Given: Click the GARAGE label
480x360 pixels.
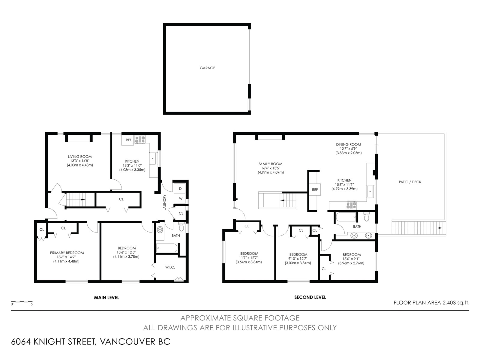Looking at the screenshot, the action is pos(207,68).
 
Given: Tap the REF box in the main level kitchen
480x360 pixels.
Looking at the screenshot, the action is pos(128,140).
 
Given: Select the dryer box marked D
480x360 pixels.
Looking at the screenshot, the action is pos(180,188).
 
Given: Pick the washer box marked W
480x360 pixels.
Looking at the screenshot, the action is pos(180,199).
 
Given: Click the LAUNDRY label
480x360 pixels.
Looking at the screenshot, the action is pos(165,202).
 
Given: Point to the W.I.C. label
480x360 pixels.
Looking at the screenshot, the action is pos(170,267).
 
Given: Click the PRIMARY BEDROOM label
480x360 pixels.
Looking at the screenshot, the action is pos(67,253).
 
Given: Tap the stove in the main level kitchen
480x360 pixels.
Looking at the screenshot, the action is pos(140,140).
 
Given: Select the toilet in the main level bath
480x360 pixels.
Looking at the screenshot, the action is pos(181,227).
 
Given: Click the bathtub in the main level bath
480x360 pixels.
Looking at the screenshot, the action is pos(166,248).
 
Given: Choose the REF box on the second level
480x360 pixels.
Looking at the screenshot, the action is pos(315,190).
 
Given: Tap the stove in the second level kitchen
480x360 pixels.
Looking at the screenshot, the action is pos(351,205).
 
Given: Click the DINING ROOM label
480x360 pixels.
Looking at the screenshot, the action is pos(348,145).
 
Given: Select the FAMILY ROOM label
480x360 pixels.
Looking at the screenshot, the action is pos(270,164).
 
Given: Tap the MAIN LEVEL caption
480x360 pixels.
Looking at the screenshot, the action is pos(106,298).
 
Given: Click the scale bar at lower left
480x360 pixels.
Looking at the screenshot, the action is pos(22,302).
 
